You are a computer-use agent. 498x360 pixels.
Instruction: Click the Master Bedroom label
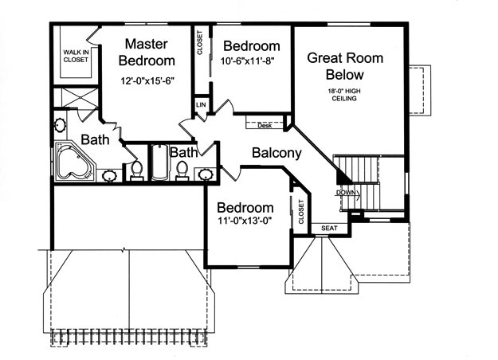coord(147,53)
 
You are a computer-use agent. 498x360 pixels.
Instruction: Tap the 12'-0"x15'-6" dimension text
coord(147,81)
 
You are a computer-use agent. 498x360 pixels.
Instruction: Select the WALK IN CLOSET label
coord(76,56)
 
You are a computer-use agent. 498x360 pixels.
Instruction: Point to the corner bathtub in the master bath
coord(75,162)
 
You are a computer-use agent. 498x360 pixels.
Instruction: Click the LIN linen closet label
coord(201,105)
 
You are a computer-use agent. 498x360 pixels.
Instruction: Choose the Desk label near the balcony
coord(265,125)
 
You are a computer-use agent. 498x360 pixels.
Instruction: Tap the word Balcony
coord(276,153)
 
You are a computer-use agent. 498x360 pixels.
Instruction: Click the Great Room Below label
coord(345,66)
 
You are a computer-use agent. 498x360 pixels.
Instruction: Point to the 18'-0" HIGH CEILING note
coord(344,95)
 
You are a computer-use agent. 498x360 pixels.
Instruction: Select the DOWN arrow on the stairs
coord(348,193)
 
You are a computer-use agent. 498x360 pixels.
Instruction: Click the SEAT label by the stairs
coord(329,229)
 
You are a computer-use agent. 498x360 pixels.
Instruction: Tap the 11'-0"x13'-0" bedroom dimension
coord(245,221)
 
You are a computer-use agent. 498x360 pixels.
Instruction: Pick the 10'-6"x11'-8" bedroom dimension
coord(248,61)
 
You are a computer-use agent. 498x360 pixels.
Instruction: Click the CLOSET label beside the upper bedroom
coord(200,42)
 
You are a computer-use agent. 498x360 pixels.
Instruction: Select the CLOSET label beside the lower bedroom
coord(301,212)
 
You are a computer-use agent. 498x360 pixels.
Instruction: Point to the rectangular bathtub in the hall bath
coord(159,162)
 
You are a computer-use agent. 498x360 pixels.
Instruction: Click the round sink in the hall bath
coord(204,174)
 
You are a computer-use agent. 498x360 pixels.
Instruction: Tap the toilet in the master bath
coord(137,170)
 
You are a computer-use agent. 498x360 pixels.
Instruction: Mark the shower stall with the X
coord(76,99)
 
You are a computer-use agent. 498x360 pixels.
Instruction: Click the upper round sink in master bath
coord(60,125)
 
